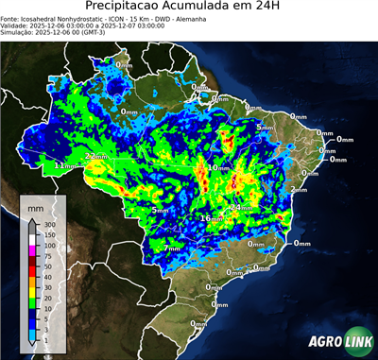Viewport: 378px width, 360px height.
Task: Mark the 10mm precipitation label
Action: click(x=218, y=167)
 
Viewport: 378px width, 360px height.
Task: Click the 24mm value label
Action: click(x=240, y=206)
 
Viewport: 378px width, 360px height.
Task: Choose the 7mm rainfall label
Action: click(x=172, y=248)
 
